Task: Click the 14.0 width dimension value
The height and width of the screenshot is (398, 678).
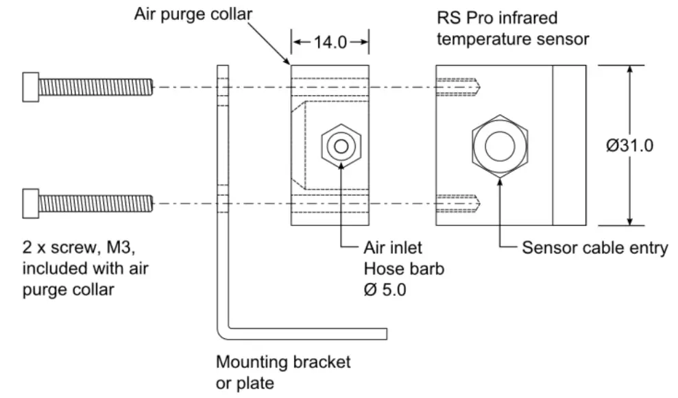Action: tap(330, 42)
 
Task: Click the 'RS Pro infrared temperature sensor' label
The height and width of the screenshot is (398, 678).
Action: tap(512, 29)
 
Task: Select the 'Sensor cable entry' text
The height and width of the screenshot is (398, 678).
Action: tap(594, 248)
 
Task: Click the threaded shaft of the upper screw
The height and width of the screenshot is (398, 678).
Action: tap(96, 87)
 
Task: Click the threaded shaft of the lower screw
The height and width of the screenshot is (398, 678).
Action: tap(96, 203)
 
